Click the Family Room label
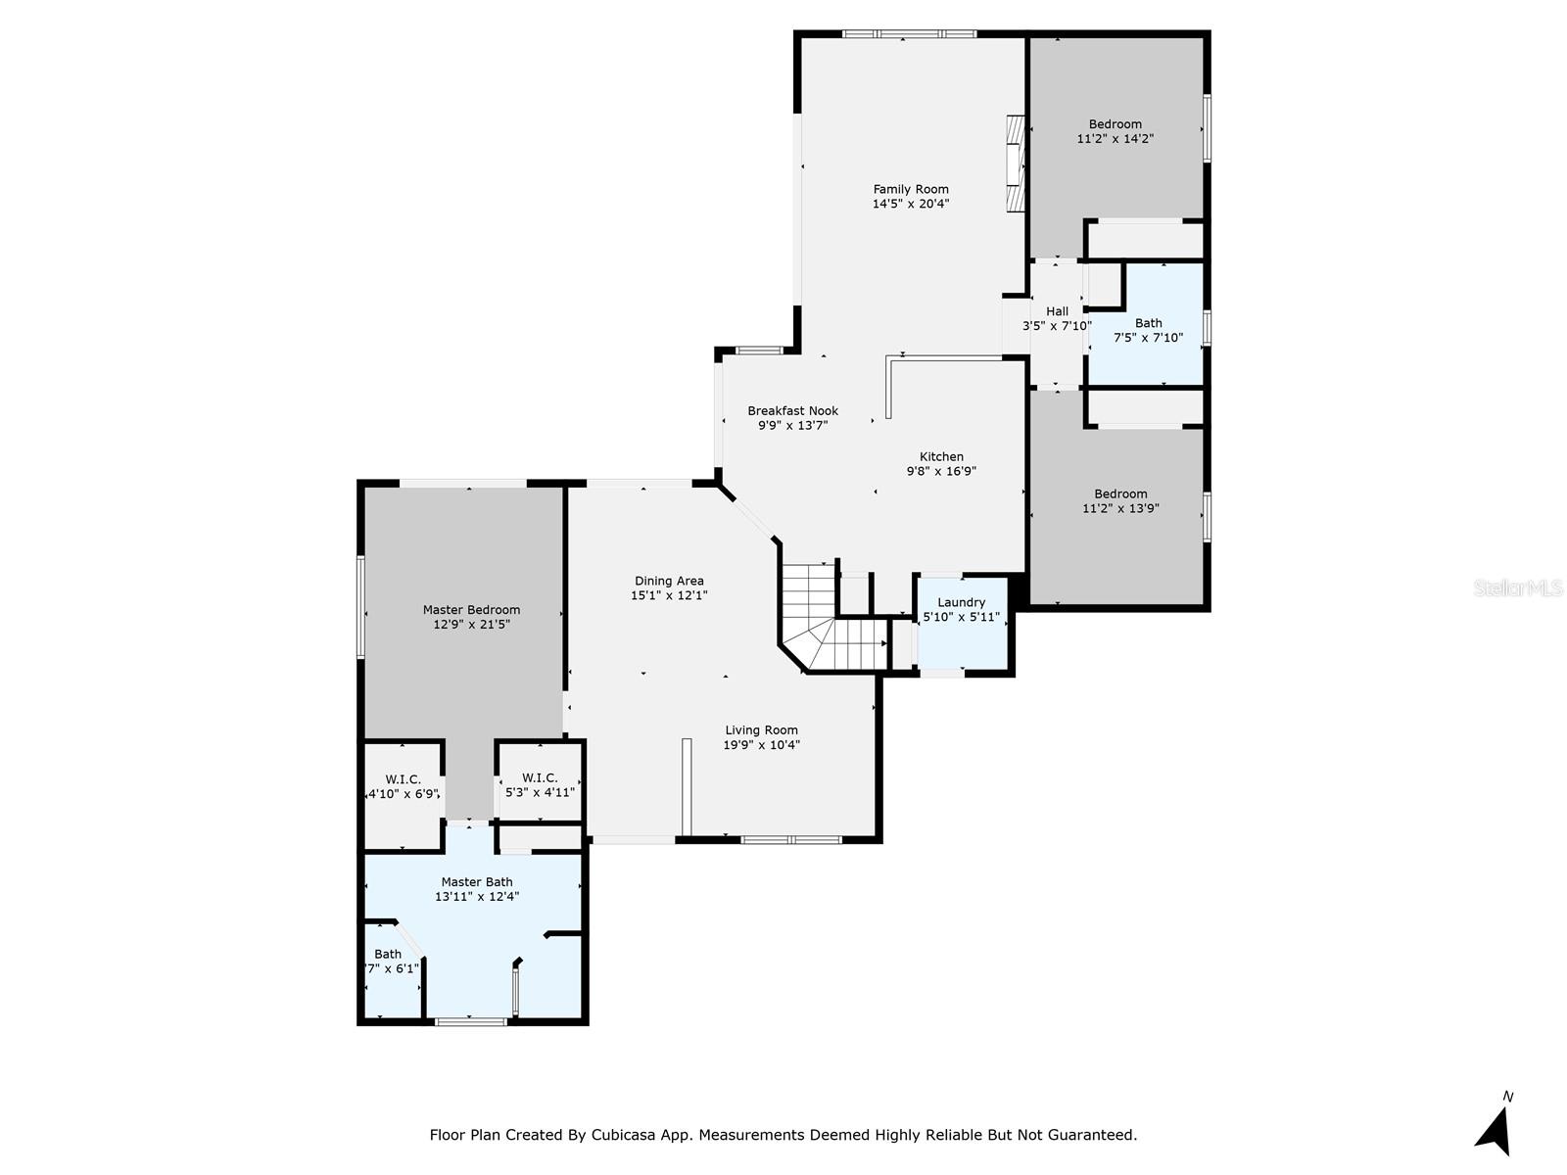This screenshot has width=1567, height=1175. pos(911,189)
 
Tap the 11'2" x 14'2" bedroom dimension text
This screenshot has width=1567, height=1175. pos(1115,139)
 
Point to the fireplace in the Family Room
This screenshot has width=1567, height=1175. pos(1016,164)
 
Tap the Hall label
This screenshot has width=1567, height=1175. pos(1057,311)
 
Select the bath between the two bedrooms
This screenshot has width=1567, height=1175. pos(1148,329)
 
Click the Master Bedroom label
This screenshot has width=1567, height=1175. pos(471,610)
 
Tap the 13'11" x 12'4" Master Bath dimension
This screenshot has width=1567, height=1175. pos(477,896)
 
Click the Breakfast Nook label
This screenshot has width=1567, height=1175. pos(792,411)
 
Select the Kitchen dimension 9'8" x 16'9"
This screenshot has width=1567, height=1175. pos(941,471)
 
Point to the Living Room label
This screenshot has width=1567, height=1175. pos(761,729)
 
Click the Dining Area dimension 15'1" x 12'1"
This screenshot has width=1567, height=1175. pos(669,595)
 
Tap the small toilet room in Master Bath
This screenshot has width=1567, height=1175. pos(390,969)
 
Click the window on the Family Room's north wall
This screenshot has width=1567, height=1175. pos(908,34)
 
